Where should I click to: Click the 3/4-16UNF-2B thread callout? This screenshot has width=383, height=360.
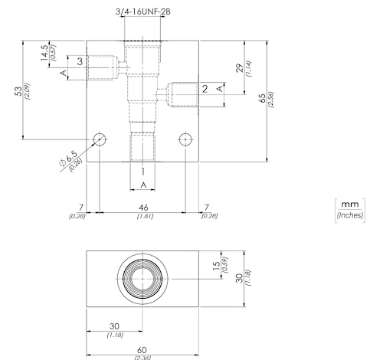coord(143,11)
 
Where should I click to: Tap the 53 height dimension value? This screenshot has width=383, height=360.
coord(18,91)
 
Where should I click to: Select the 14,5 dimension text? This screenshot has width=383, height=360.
coord(44,53)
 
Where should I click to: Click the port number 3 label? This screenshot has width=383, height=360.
coord(80,61)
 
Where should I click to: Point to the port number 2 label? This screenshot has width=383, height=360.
coord(205,89)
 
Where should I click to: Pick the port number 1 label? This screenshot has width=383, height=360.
coord(143,172)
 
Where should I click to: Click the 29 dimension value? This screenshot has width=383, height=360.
coord(241,68)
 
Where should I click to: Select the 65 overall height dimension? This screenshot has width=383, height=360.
coord(262,98)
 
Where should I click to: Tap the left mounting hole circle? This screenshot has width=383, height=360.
coord(100,139)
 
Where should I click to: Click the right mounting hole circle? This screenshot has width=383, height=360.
coord(185,139)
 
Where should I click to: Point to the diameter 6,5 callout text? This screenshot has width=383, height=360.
coord(68,159)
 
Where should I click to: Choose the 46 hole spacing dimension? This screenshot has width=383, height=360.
coord(143,207)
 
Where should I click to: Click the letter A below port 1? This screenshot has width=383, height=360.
coord(143,185)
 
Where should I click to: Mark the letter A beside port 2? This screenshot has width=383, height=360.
coord(220,89)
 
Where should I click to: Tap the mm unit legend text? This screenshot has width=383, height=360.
coord(350,205)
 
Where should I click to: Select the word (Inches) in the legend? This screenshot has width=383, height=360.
coord(350,215)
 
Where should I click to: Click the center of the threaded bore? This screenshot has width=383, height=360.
coord(142,279)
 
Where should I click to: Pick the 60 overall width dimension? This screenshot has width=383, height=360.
coord(142,350)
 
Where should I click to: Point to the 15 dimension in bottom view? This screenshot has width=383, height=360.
coord(216,266)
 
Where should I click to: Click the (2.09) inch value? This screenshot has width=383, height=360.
coord(28,91)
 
